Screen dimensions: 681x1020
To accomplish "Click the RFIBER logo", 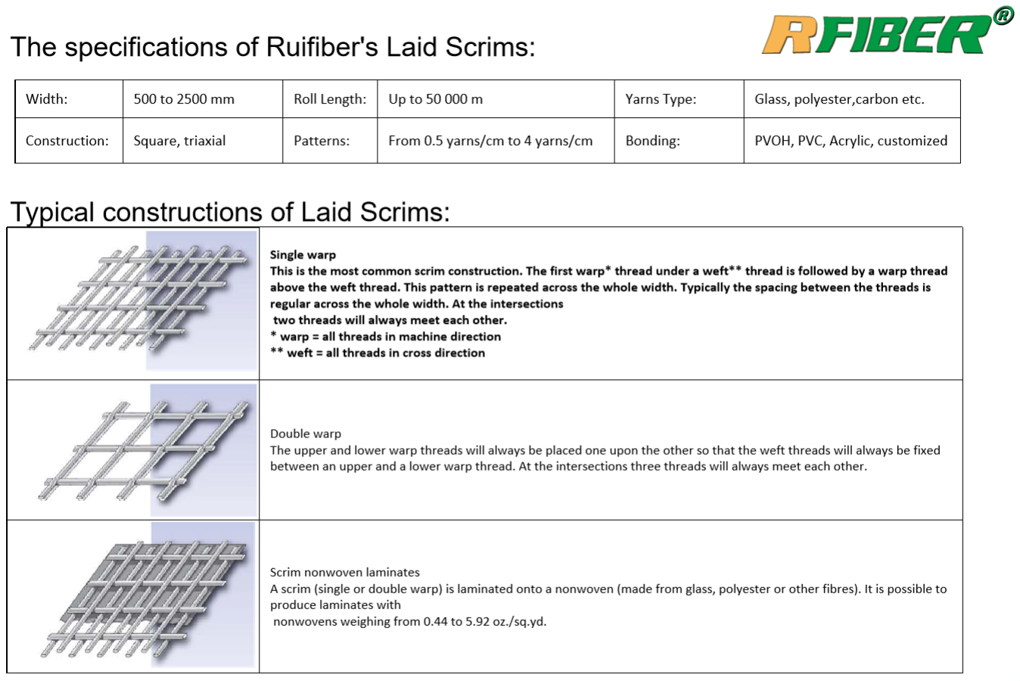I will (878, 35).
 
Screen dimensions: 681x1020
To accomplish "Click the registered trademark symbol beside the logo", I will (1003, 15).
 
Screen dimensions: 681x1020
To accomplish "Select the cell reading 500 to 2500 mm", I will (184, 99).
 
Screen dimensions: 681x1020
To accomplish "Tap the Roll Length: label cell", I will (330, 99).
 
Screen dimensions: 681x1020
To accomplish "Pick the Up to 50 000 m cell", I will (435, 99).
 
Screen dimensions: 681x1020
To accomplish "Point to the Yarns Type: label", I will (661, 99).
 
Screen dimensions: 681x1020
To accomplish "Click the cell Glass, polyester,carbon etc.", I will (839, 99).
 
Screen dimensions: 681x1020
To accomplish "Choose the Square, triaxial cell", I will (179, 141).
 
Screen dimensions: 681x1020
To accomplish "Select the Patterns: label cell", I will (322, 141).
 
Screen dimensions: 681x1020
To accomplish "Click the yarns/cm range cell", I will (490, 141).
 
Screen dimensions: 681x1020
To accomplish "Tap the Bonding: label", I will (652, 141).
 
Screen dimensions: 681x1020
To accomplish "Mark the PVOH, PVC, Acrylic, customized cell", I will (851, 141).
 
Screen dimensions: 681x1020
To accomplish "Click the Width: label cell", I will (46, 99).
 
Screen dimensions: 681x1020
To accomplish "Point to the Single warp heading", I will (303, 255).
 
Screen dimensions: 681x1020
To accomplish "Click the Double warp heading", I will (306, 434).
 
